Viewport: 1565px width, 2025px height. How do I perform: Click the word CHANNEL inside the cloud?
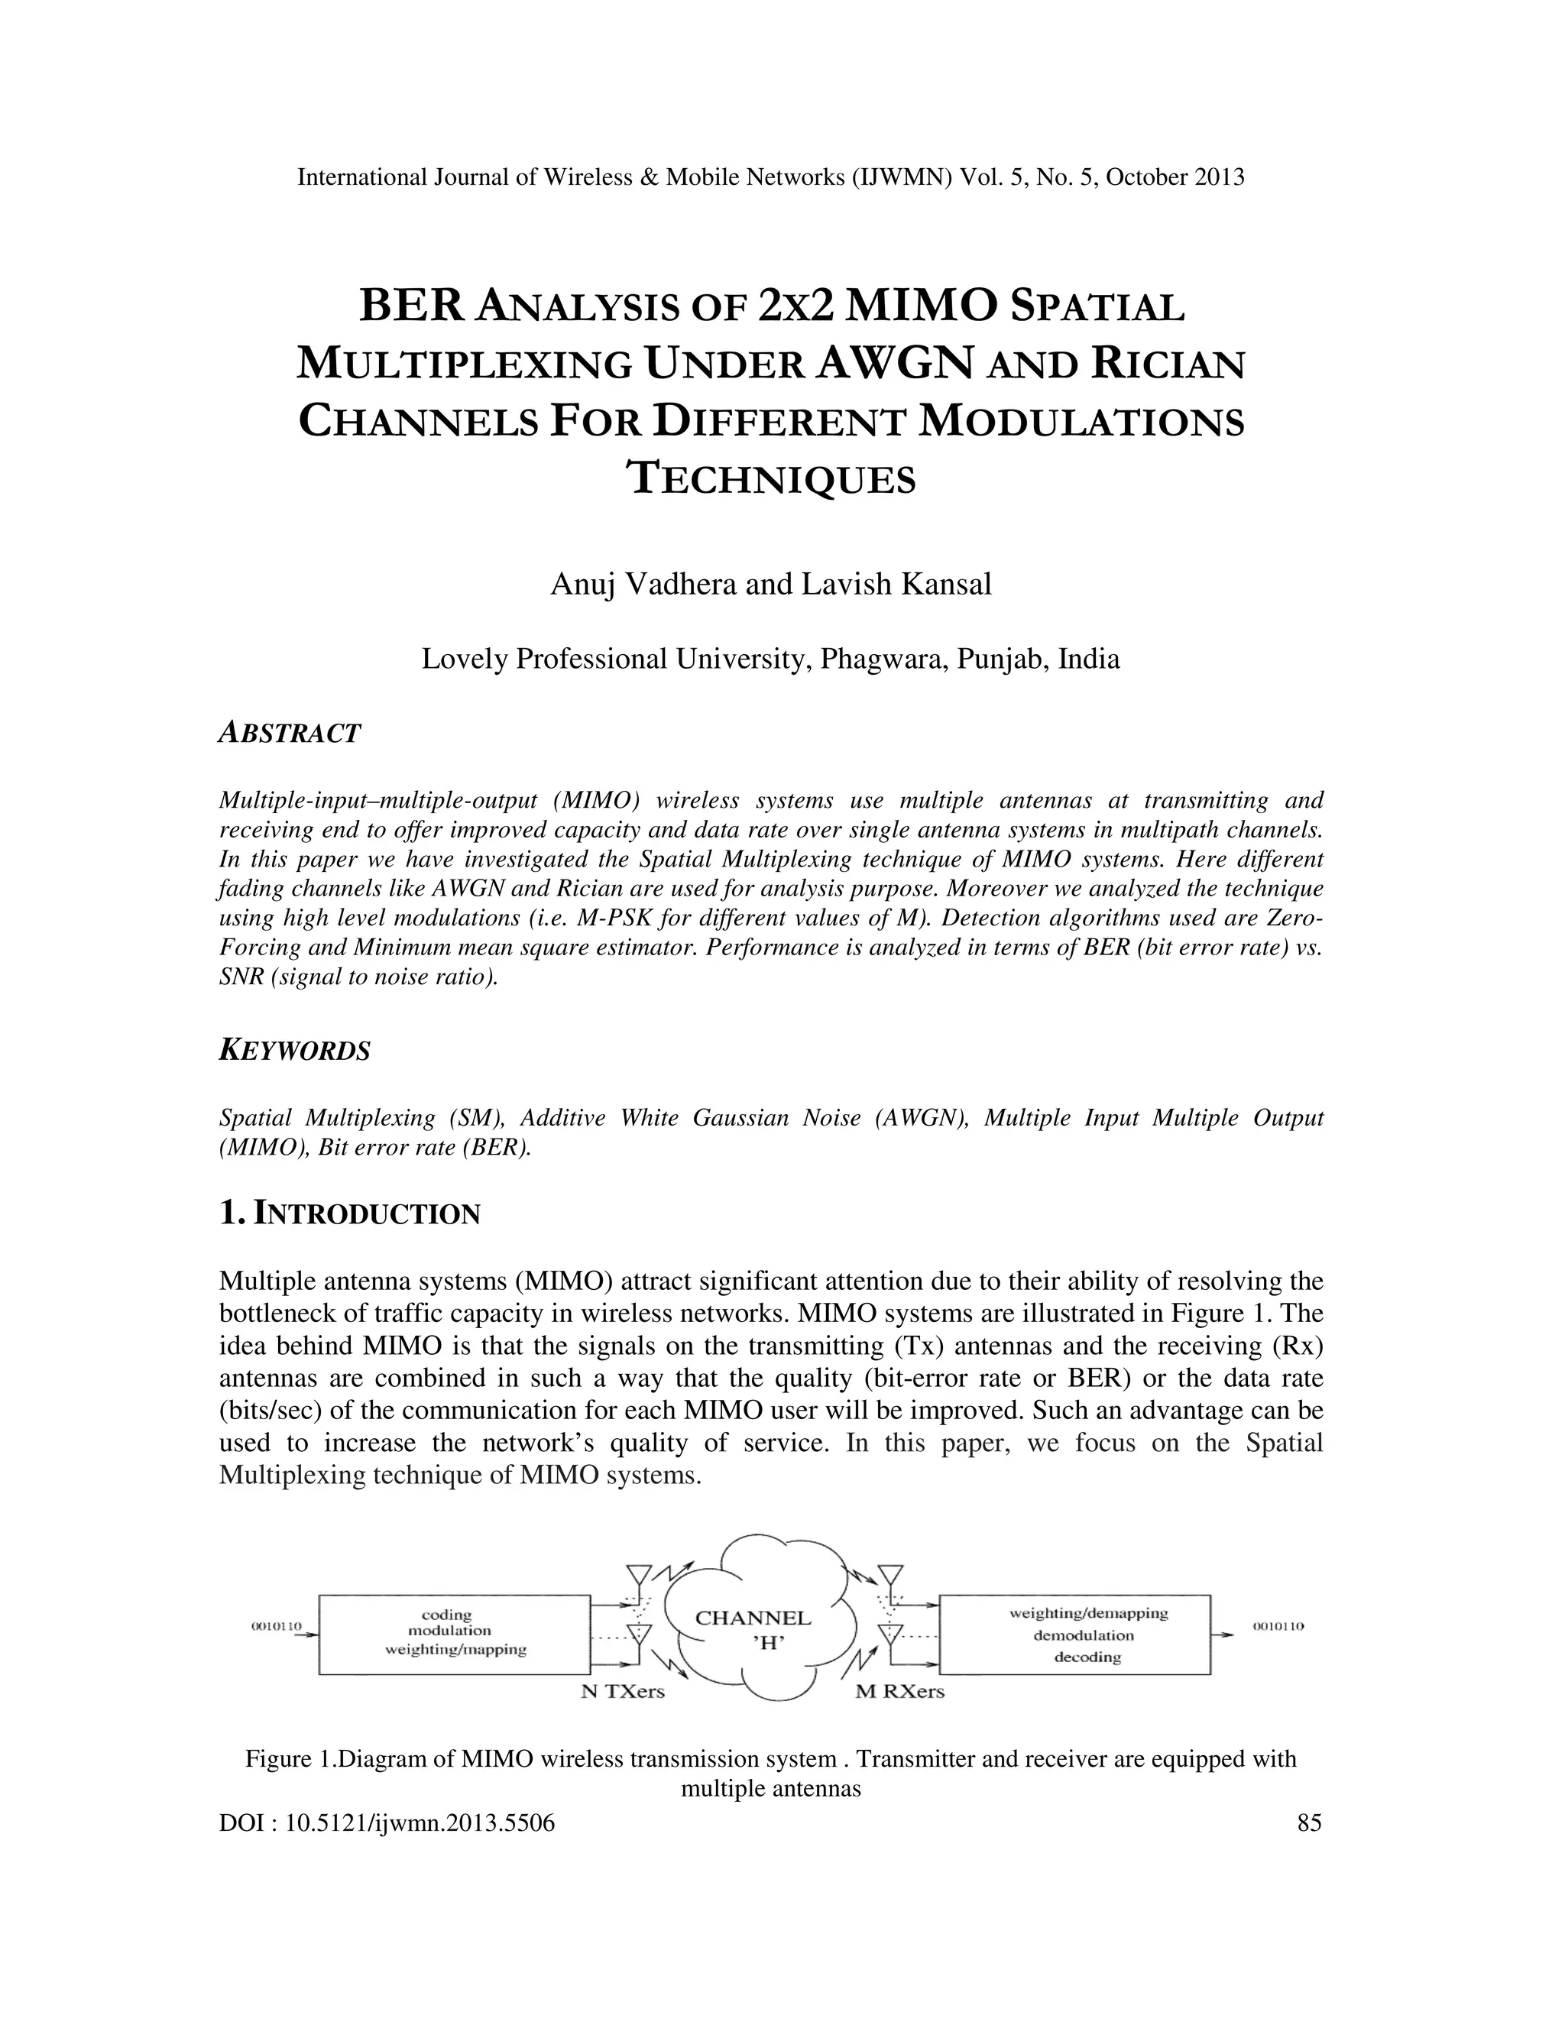pyautogui.click(x=753, y=1618)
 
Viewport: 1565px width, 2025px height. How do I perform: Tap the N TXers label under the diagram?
pyautogui.click(x=622, y=1691)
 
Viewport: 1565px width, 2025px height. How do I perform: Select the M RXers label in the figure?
pyautogui.click(x=899, y=1691)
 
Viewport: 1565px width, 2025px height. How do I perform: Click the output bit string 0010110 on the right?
pyautogui.click(x=1278, y=1625)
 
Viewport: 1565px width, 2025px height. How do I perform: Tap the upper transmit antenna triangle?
pyautogui.click(x=639, y=1574)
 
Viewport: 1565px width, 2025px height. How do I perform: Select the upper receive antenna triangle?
pyautogui.click(x=890, y=1574)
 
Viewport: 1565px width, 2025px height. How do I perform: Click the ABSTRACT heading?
pyautogui.click(x=288, y=734)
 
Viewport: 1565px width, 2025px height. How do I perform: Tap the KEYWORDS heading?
pyautogui.click(x=294, y=1051)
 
